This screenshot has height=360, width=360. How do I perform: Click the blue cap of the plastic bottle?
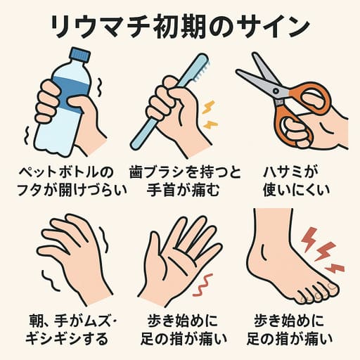[80, 54]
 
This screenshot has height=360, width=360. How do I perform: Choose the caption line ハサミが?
[299, 171]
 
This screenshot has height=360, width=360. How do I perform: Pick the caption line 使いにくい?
[299, 189]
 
